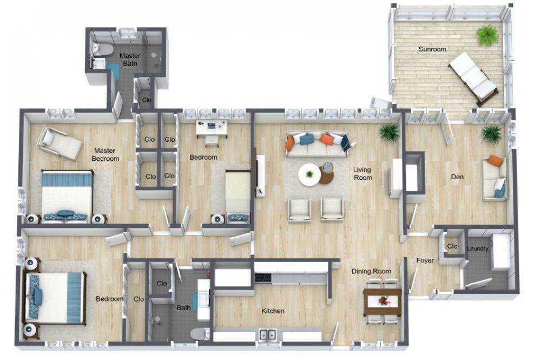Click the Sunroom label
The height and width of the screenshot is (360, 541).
tap(432, 49)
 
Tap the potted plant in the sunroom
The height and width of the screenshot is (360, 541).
tap(487, 35)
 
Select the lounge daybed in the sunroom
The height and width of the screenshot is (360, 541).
tap(473, 78)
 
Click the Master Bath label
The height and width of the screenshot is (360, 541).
tap(130, 60)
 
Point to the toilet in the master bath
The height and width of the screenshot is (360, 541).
tap(102, 50)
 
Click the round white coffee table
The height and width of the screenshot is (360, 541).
tap(309, 175)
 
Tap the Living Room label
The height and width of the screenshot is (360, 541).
tap(362, 174)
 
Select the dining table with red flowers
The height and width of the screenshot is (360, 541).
tap(382, 302)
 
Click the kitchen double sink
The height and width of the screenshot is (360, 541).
tap(268, 335)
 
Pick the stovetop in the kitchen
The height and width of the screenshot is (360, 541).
tap(263, 278)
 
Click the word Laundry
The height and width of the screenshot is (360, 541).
tap(478, 248)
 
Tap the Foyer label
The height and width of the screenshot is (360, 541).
tap(425, 260)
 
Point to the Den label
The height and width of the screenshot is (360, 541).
tap(457, 177)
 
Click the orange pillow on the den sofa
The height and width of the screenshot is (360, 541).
tap(495, 160)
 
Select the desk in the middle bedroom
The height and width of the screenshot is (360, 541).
tap(212, 128)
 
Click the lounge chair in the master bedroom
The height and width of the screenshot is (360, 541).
tap(60, 143)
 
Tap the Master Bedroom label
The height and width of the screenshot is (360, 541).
tap(105, 155)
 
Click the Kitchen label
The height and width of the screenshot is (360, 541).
tap(273, 311)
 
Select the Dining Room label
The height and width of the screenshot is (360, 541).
tap(371, 271)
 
